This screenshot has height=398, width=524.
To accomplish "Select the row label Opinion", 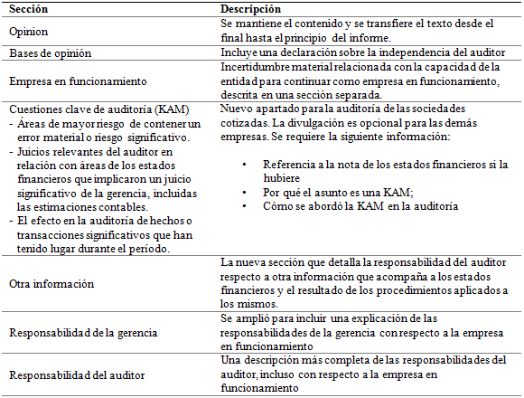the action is pos(29,31).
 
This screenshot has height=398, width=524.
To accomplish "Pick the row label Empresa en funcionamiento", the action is pos(71,81).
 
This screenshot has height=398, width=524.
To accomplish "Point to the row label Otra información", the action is pos(51,283).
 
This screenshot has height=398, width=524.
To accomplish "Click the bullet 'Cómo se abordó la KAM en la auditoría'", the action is pos(347,205).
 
